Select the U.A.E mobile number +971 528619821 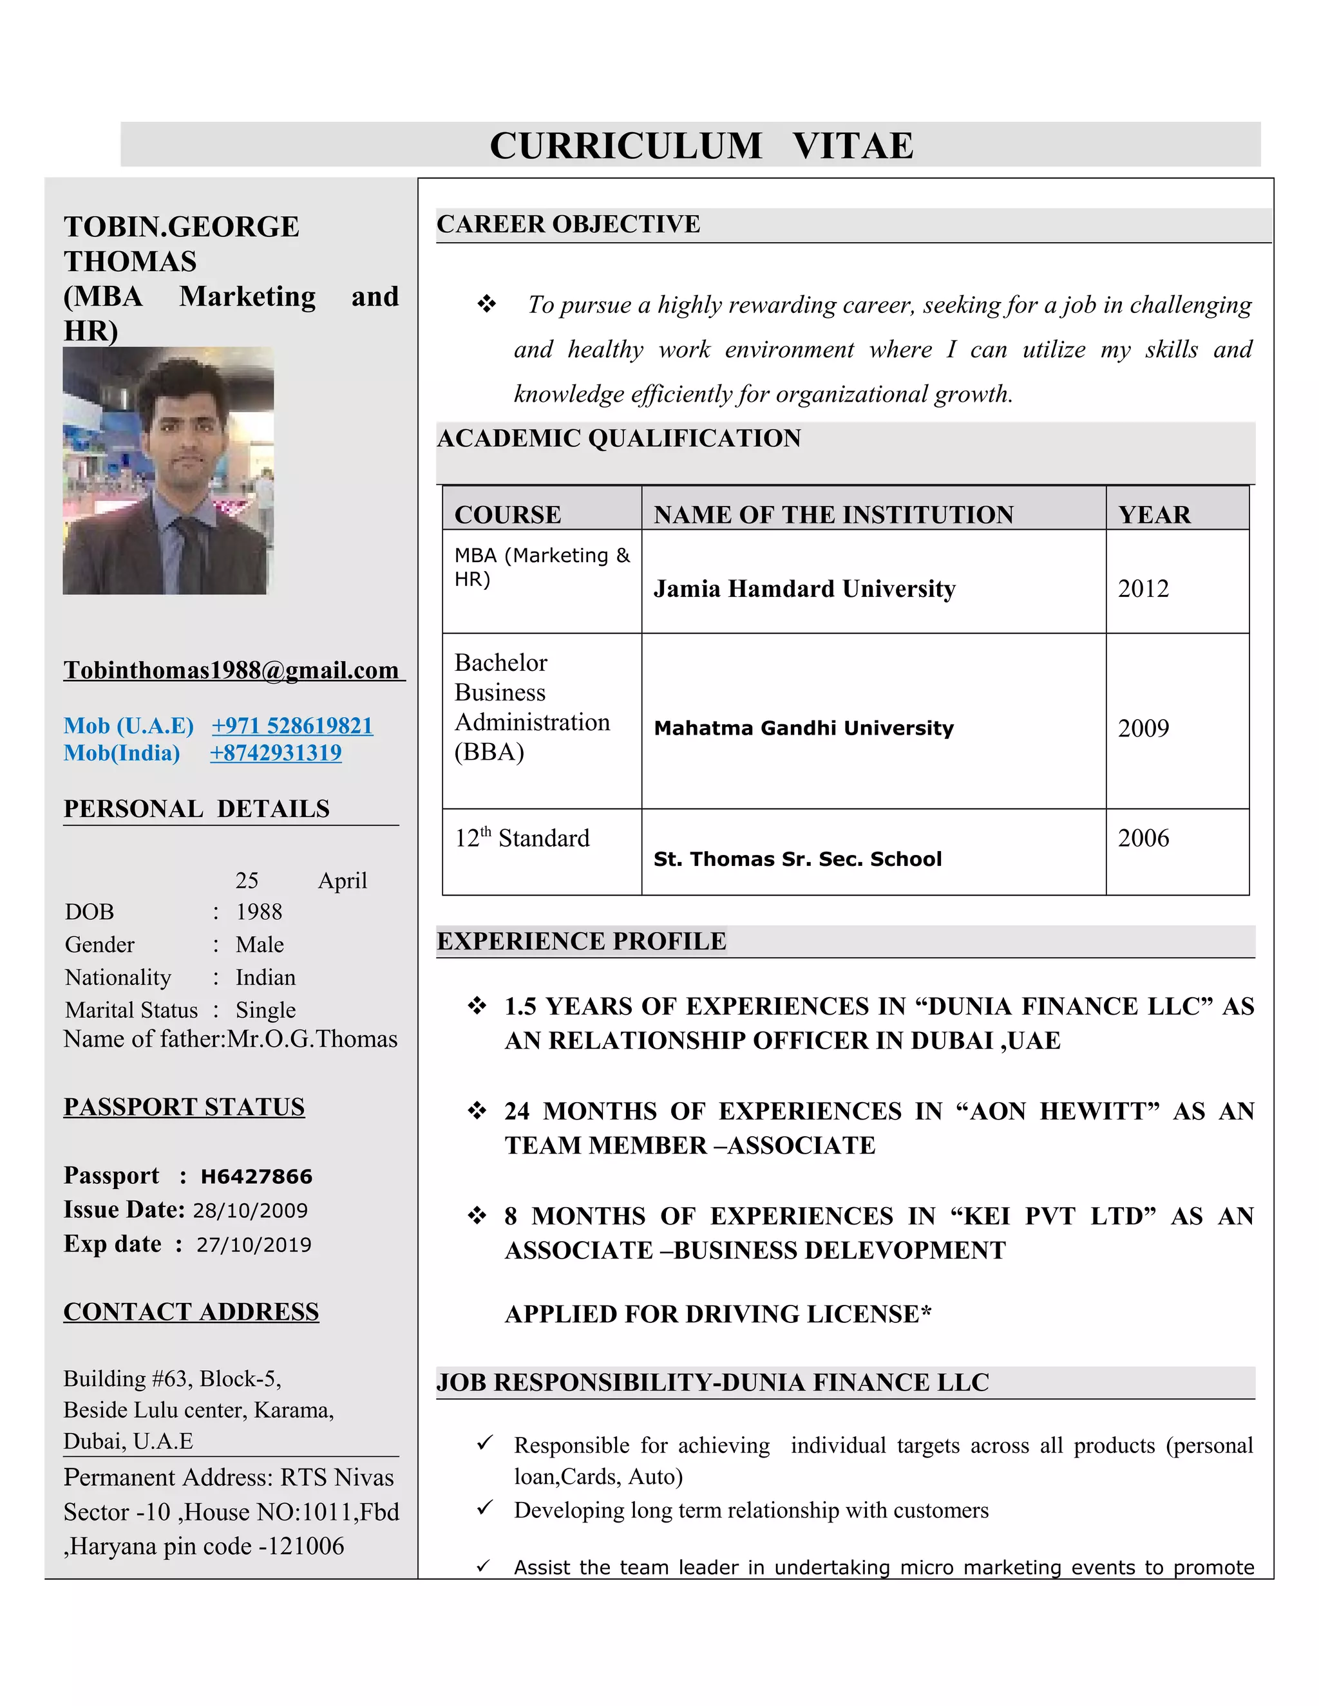click(x=292, y=726)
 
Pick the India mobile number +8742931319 click(x=276, y=753)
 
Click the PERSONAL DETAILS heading click(x=196, y=809)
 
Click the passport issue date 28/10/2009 click(x=250, y=1211)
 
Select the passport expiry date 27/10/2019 click(x=254, y=1245)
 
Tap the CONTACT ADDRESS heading click(x=191, y=1311)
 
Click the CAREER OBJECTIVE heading click(x=568, y=224)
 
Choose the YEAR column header click(x=1154, y=515)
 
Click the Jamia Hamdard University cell click(x=804, y=589)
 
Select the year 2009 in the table click(x=1143, y=729)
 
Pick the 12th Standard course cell click(x=522, y=838)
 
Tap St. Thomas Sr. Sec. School click(x=797, y=859)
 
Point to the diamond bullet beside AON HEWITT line click(x=477, y=1111)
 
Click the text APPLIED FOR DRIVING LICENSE click(x=718, y=1315)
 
